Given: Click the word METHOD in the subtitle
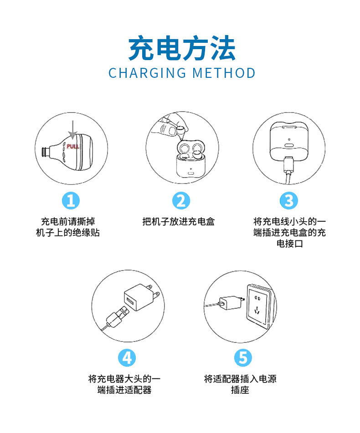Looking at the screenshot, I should click(x=224, y=73).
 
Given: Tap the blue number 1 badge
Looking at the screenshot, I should click(x=71, y=200).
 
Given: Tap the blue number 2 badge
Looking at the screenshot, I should click(x=181, y=200).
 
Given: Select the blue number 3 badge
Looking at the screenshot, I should click(x=289, y=200).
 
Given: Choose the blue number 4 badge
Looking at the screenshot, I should click(x=127, y=357).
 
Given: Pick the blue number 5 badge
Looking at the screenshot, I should click(x=242, y=357).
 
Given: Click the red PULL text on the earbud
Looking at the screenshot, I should click(x=73, y=147).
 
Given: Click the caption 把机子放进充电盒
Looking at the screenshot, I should click(x=179, y=222).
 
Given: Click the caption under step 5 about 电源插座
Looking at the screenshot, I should click(x=240, y=384).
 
